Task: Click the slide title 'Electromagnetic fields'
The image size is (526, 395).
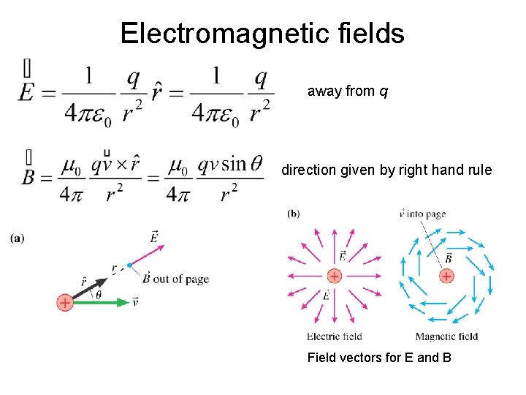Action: (x=262, y=34)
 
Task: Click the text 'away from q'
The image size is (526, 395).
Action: (x=348, y=91)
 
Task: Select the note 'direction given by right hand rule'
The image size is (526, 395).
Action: (x=387, y=170)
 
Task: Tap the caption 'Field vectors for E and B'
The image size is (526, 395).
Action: (x=379, y=358)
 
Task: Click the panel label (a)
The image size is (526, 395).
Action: (x=18, y=238)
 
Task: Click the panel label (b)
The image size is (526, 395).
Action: (x=293, y=214)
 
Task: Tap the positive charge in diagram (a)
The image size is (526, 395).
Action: (x=66, y=302)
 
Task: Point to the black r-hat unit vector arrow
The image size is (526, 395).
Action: (x=91, y=287)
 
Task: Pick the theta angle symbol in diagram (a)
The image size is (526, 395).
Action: (x=98, y=295)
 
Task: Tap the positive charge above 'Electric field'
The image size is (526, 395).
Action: (x=334, y=276)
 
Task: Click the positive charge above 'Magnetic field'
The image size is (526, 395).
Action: (x=446, y=276)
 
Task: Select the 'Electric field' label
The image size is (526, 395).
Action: (x=334, y=336)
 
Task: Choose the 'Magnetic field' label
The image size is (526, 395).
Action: (x=446, y=336)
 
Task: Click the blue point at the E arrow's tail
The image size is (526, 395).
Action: (x=129, y=265)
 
